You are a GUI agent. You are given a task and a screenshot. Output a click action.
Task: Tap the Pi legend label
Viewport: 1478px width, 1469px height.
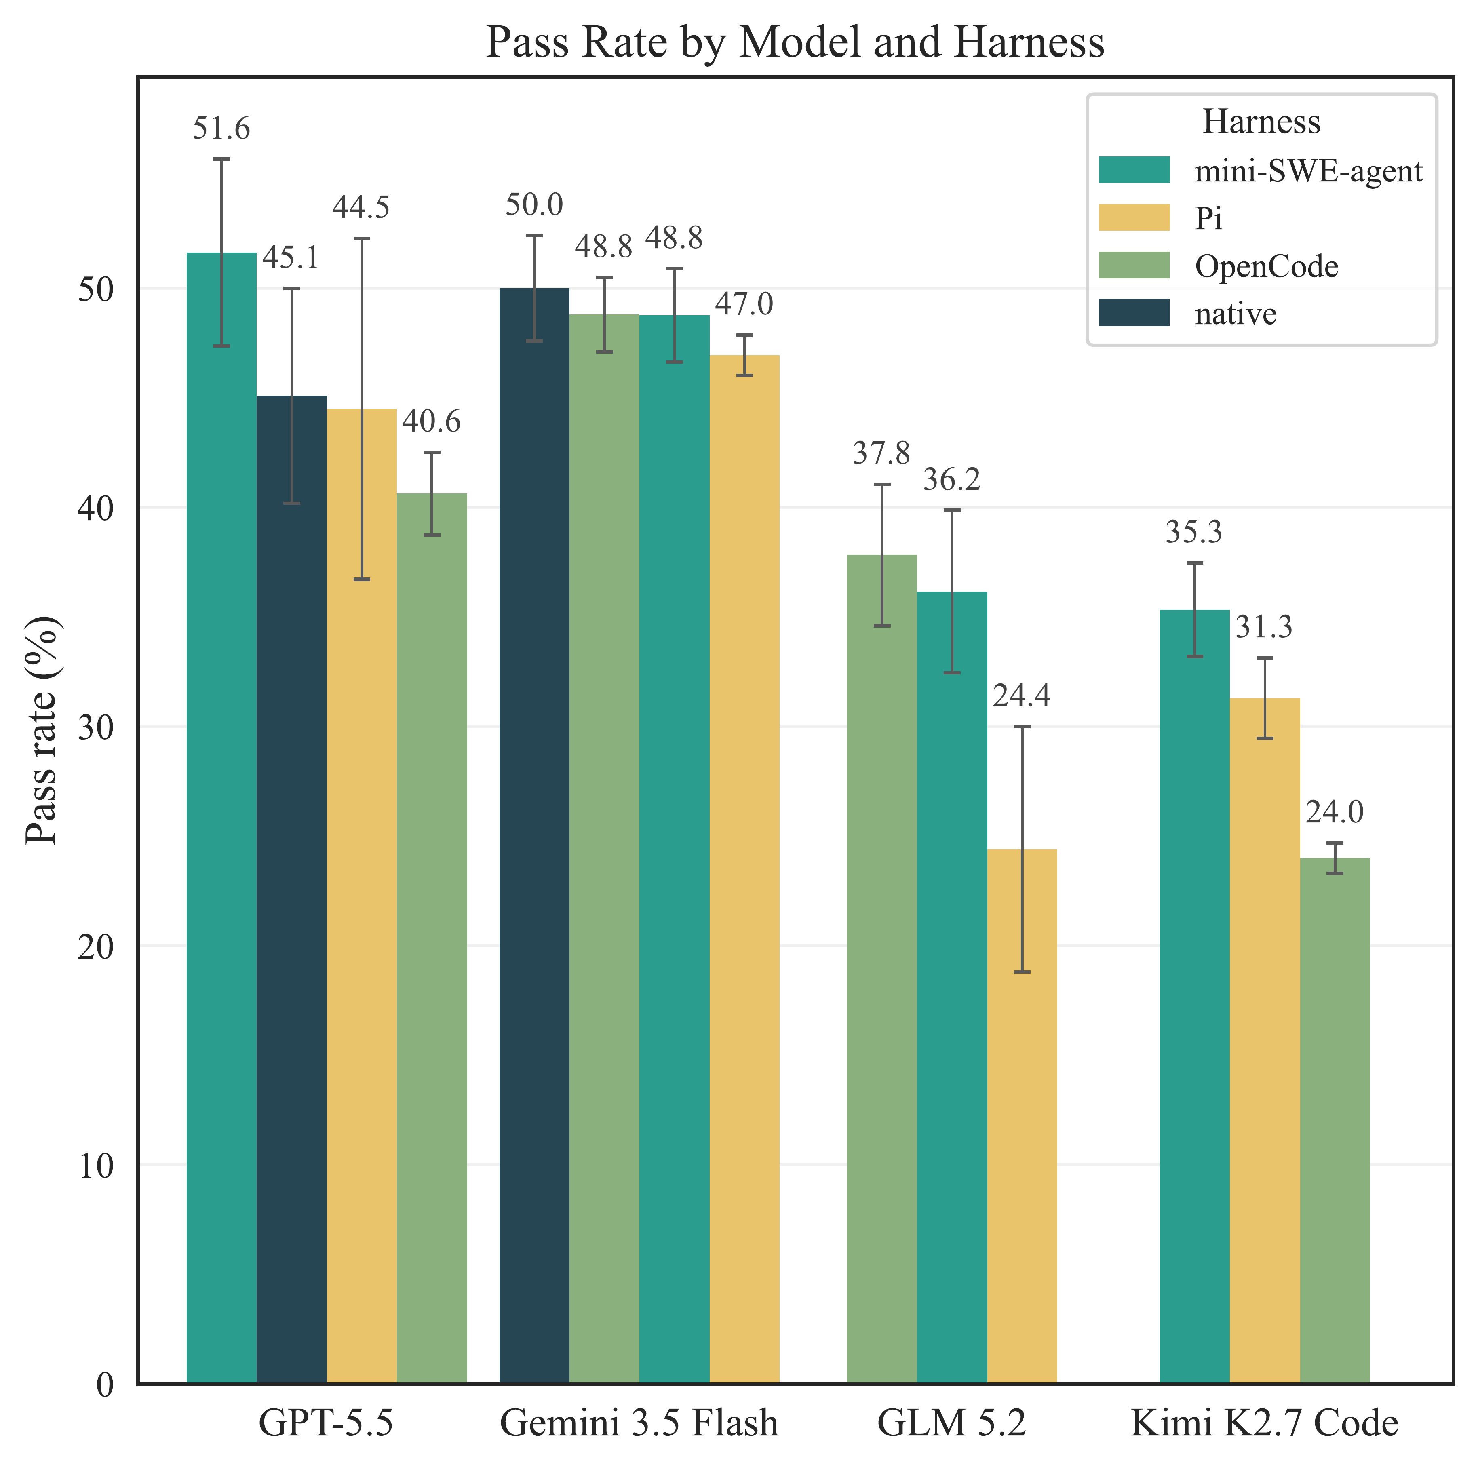tap(1209, 218)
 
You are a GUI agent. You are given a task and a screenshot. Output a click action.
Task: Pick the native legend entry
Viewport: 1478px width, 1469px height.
tap(1236, 314)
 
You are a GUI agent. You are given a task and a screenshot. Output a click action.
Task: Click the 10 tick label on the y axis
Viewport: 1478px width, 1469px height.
tap(96, 1165)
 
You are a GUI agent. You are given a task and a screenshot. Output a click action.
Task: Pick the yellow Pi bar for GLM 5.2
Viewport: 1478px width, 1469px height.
tap(1022, 1116)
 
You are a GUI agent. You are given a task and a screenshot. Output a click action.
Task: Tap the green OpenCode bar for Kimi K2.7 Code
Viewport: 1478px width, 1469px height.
tap(1335, 1121)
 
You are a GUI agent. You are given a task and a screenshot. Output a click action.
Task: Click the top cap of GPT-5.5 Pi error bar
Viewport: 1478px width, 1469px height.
tap(362, 239)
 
